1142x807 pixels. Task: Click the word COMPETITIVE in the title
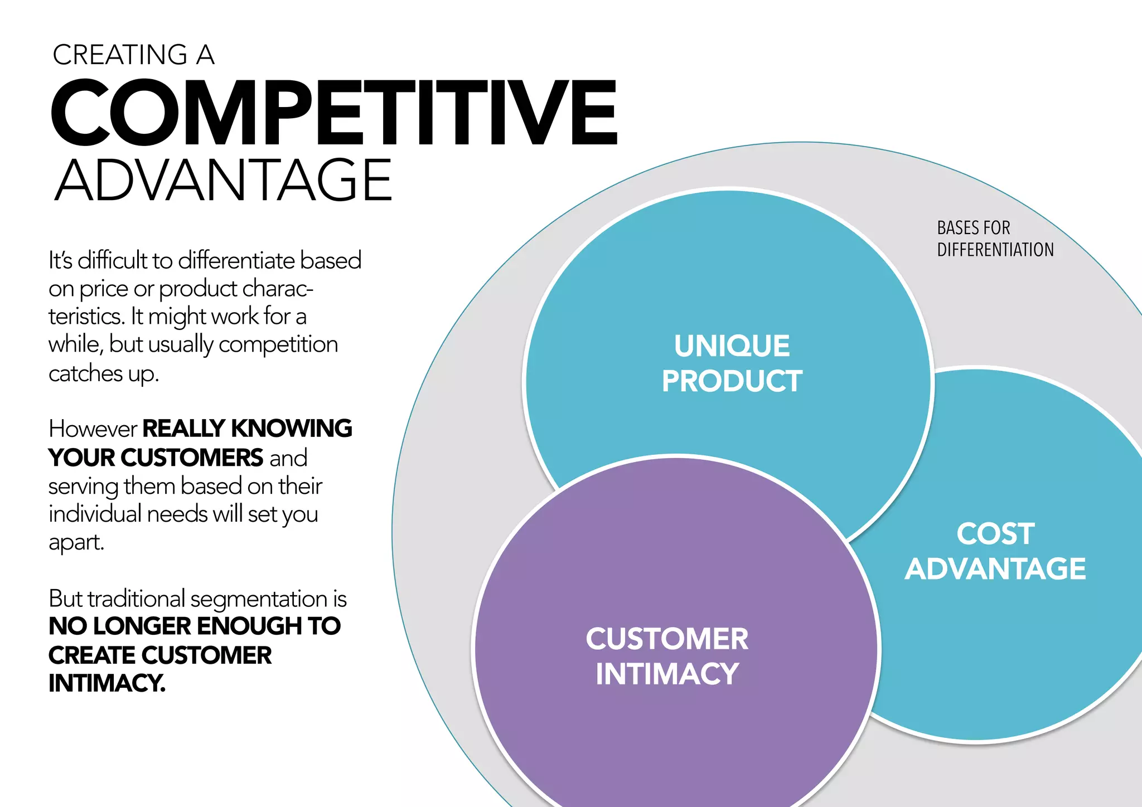[x=333, y=113]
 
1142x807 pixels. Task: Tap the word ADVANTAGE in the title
[x=223, y=181]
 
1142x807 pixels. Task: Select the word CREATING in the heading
[x=120, y=55]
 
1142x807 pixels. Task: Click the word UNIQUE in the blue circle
[x=732, y=346]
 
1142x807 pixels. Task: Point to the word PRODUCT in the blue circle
[x=732, y=382]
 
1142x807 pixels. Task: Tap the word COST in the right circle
[x=995, y=534]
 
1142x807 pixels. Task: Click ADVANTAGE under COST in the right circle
[x=995, y=569]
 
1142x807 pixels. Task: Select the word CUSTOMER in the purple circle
[x=667, y=639]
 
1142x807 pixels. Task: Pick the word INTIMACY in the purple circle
[x=667, y=674]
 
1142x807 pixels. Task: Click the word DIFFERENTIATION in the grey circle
[x=995, y=250]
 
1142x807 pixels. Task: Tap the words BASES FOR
[x=974, y=228]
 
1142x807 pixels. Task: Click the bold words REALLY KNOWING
[x=247, y=429]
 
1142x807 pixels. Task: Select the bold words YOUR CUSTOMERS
[x=156, y=458]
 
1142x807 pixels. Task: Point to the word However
[x=93, y=429]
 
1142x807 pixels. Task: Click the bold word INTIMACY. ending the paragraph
[x=107, y=683]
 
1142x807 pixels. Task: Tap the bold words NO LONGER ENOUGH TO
[x=195, y=626]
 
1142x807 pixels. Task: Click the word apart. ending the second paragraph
[x=76, y=542]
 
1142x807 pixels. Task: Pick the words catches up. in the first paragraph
[x=104, y=373]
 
